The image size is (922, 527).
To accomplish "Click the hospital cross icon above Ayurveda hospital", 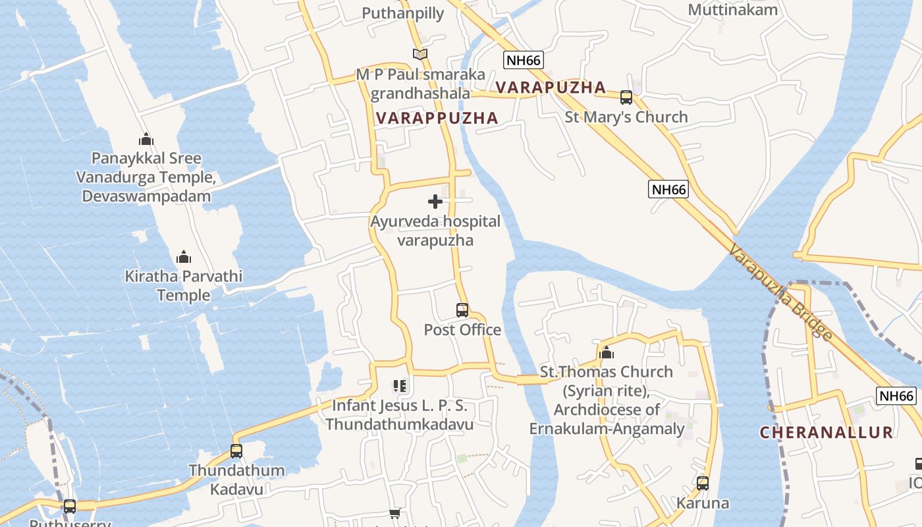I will click(x=435, y=202).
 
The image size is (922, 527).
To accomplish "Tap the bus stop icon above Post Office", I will click(x=462, y=310).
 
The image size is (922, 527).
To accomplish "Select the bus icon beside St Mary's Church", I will click(x=626, y=97).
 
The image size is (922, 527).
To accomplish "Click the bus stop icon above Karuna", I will click(x=703, y=484).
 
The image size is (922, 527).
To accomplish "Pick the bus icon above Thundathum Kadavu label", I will click(x=236, y=451).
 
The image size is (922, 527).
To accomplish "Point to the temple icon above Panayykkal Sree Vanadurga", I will click(x=146, y=139).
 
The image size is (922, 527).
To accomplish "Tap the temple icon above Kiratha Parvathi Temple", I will click(x=184, y=256).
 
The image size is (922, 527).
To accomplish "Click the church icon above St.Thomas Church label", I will click(x=607, y=352).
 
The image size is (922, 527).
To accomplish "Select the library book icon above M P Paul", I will click(x=420, y=55).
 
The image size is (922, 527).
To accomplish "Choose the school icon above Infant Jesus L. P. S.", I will click(x=399, y=385).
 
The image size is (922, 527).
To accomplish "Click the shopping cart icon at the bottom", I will click(x=395, y=513).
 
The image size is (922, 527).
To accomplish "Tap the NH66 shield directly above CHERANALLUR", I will click(x=896, y=396).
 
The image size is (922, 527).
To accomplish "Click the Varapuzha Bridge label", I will click(x=780, y=292).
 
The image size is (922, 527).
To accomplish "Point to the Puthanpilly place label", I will click(x=403, y=13).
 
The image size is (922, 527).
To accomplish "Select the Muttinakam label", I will click(x=732, y=10).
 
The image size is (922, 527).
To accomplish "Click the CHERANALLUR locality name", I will click(x=827, y=433).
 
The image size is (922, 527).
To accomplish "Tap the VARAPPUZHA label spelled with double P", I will click(x=437, y=119).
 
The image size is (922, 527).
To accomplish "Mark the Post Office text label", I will click(x=462, y=330).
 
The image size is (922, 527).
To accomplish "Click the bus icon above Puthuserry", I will click(x=70, y=507).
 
